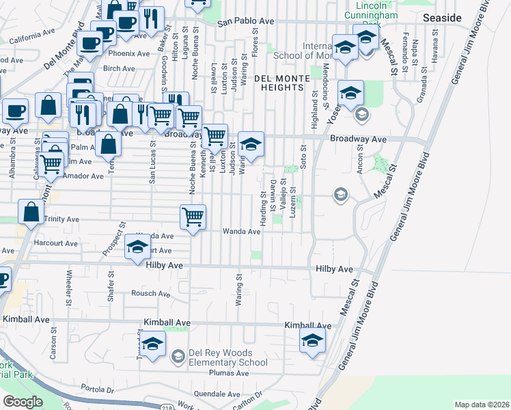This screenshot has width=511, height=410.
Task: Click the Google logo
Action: point(23,402)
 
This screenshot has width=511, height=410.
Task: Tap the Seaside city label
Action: point(442,17)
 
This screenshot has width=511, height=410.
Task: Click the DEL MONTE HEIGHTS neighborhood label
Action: point(279,83)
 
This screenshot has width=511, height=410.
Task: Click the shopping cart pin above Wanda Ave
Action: point(193,218)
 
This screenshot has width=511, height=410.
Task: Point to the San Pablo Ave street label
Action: point(245,22)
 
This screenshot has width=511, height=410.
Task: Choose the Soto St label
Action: point(303,157)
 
